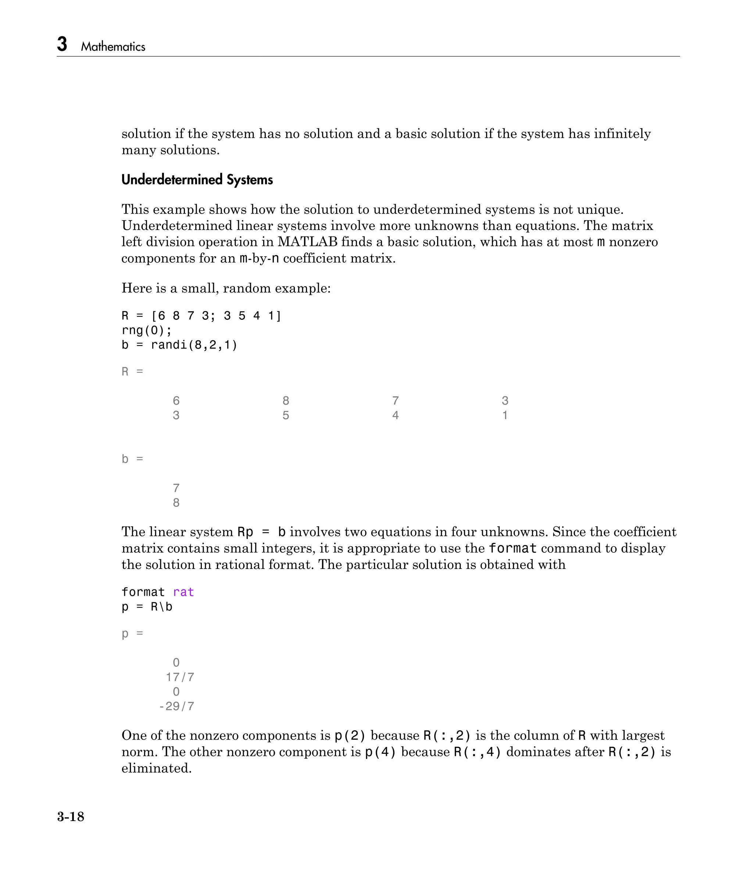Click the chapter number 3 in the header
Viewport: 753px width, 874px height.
tap(62, 44)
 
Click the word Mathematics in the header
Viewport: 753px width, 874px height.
tap(113, 47)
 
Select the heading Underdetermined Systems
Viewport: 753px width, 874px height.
tap(197, 180)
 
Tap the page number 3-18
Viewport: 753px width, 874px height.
tap(71, 817)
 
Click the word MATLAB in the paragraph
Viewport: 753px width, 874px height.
tap(307, 242)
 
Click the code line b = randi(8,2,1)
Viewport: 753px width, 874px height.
tap(179, 345)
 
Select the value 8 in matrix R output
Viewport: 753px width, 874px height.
tap(286, 400)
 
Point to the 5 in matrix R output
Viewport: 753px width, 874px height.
tap(286, 415)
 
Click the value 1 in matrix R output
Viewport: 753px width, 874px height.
tap(505, 415)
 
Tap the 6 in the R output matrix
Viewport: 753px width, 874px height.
tap(176, 400)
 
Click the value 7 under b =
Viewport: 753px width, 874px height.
tap(176, 488)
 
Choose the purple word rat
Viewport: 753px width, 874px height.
tap(183, 592)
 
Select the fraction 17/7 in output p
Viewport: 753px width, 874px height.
tap(180, 677)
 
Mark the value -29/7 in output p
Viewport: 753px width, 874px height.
tap(176, 706)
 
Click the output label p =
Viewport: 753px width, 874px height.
tap(132, 634)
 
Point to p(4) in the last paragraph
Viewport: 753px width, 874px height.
tap(380, 752)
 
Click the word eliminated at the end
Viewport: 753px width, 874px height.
tap(156, 769)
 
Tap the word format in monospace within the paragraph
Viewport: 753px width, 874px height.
tap(513, 548)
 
